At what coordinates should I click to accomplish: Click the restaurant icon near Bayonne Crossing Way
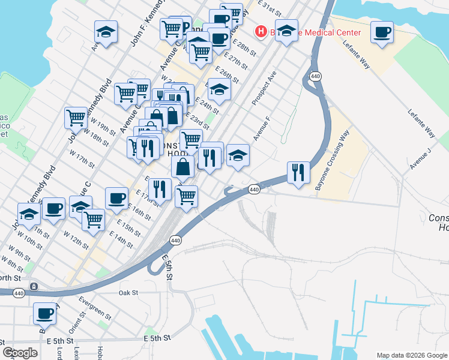click(298, 172)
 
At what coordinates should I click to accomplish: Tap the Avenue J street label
click(420, 158)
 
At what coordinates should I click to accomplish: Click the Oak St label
click(128, 293)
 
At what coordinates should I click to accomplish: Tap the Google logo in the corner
click(20, 353)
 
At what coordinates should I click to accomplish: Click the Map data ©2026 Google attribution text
click(412, 355)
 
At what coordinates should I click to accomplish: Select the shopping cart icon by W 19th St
click(76, 118)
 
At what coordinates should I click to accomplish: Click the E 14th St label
click(122, 241)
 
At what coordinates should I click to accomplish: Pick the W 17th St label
click(82, 159)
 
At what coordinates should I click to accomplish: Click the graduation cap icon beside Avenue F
click(238, 155)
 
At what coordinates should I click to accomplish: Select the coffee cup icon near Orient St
click(44, 313)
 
